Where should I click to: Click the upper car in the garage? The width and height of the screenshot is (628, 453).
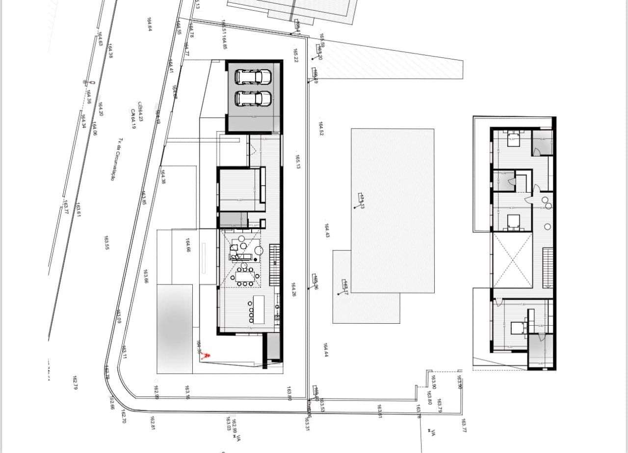[253, 77]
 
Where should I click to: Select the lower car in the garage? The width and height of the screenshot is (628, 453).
[253, 98]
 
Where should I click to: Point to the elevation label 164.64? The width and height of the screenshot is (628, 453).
[149, 24]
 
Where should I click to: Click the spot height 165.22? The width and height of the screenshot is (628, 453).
[296, 56]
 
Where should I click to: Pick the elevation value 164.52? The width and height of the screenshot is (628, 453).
[321, 129]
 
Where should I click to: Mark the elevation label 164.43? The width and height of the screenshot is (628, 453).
[326, 231]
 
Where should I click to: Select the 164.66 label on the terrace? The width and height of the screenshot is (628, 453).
[188, 245]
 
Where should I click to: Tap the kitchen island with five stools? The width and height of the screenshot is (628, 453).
[258, 307]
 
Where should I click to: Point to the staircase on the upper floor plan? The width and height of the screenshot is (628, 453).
[547, 267]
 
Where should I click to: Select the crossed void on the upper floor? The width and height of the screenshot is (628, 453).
[513, 260]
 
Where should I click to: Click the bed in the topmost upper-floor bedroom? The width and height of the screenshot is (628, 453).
[513, 139]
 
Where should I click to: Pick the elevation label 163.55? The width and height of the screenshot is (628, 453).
[106, 243]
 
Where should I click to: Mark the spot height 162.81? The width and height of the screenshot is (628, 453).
[153, 422]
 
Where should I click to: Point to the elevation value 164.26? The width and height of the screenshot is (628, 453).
[293, 290]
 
